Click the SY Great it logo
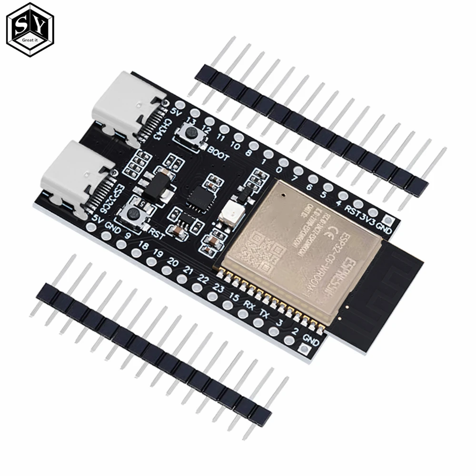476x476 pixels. tap(30, 30)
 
